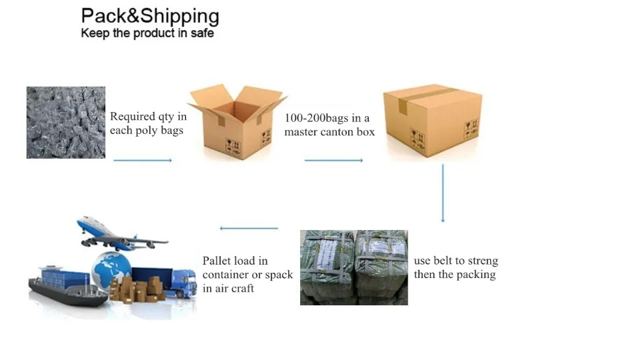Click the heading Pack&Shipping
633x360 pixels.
tap(149, 16)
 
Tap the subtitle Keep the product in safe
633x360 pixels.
tap(147, 33)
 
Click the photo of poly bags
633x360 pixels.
tap(65, 122)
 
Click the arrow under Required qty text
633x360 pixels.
tap(143, 161)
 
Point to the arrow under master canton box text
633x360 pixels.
tap(334, 161)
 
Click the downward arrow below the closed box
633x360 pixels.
tap(442, 193)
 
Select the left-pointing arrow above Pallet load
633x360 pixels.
tap(249, 229)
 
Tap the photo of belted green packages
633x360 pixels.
tap(354, 267)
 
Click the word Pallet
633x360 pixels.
tap(218, 261)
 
